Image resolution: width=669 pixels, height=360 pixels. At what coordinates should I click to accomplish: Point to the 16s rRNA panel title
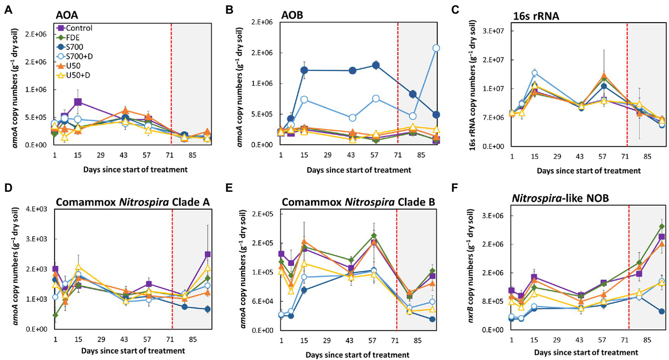point(536,16)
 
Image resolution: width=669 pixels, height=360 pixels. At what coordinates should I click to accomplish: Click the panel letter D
point(7,189)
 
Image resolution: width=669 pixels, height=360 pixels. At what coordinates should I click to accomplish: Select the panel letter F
point(455,189)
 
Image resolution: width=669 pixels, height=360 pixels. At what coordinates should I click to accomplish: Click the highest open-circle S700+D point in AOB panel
point(436,48)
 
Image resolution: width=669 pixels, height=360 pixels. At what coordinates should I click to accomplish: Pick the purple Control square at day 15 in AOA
point(78,102)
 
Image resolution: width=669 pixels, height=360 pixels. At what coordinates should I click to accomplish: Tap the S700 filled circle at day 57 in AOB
point(376,65)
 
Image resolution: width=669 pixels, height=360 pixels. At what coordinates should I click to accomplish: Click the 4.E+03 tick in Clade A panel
point(41,209)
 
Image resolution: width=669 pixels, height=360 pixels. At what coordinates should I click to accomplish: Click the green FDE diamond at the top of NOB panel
point(662,226)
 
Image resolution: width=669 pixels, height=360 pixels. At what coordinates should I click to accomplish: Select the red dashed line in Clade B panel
point(397,270)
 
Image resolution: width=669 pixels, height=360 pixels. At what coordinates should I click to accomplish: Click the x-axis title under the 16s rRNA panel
point(588,171)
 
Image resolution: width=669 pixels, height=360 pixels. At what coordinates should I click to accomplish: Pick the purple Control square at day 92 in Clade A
point(208,255)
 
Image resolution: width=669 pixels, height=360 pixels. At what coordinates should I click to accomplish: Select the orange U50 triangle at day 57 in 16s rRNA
point(604,76)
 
